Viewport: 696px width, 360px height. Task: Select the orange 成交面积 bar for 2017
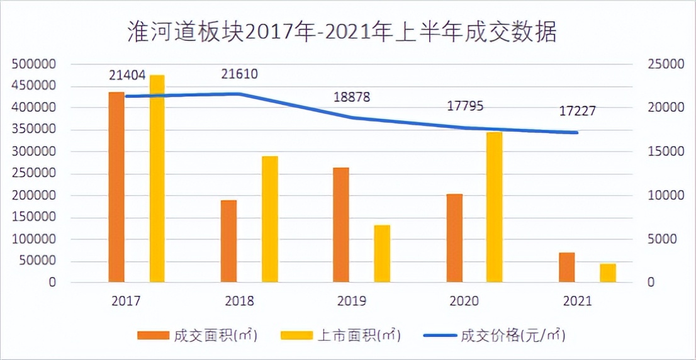116,187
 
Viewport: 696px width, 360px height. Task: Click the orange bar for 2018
228,241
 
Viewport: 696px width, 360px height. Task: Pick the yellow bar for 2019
382,254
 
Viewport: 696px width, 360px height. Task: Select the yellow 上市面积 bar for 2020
495,207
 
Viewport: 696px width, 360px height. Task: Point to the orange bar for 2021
566,267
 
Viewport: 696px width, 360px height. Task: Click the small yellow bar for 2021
607,273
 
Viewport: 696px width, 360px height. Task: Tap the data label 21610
239,74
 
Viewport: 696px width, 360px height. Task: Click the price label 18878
351,98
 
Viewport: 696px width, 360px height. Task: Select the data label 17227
577,111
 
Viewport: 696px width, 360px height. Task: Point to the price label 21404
126,76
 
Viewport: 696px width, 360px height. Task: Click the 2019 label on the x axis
351,301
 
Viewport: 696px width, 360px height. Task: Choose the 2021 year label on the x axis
576,301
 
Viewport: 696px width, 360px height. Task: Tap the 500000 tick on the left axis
32,64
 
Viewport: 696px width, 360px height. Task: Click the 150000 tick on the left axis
32,218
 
